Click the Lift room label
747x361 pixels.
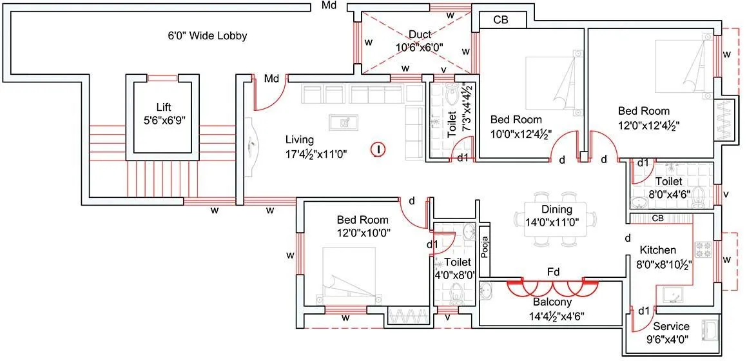click(163, 108)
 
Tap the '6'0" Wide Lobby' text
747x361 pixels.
click(207, 36)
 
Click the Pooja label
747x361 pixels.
click(485, 246)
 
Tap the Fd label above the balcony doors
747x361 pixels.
click(552, 272)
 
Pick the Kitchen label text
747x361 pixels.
click(657, 250)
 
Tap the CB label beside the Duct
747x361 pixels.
click(501, 20)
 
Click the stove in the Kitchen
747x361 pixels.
click(703, 248)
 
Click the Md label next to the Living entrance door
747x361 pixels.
click(271, 79)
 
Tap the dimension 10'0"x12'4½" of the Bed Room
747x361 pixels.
click(516, 134)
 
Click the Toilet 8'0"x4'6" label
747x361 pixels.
click(668, 182)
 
